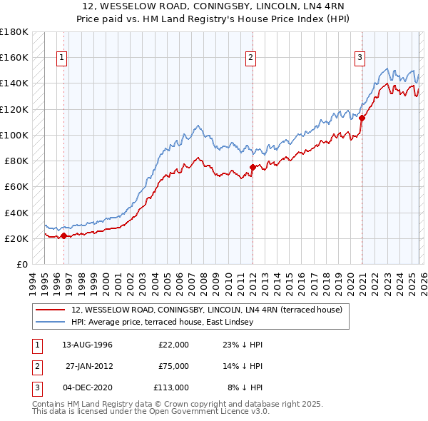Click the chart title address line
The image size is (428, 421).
[x=213, y=6]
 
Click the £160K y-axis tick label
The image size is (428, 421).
[x=14, y=57]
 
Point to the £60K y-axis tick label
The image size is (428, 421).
[x=16, y=186]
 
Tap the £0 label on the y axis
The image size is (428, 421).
[x=21, y=264]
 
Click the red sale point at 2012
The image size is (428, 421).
[x=253, y=168]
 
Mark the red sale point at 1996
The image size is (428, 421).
[x=64, y=235]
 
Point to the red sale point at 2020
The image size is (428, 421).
[x=362, y=118]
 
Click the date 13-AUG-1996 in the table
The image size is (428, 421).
[x=87, y=345]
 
